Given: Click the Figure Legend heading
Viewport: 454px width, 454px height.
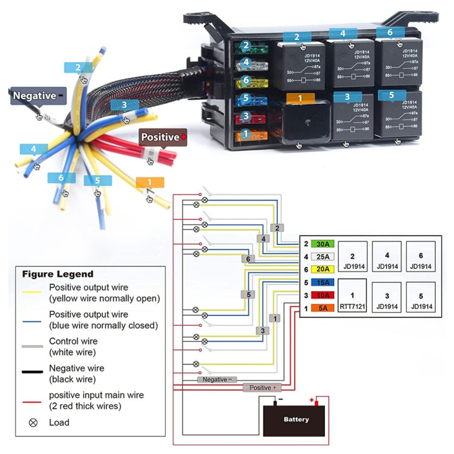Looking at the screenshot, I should tap(58, 274).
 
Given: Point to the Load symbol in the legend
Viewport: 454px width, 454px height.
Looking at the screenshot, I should tap(33, 423).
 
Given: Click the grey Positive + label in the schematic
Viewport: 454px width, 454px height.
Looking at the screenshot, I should tap(262, 387).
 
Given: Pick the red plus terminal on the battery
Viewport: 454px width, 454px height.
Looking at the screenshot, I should tap(313, 400).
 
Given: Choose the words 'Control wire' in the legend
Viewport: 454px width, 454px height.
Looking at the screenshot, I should tap(73, 341).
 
